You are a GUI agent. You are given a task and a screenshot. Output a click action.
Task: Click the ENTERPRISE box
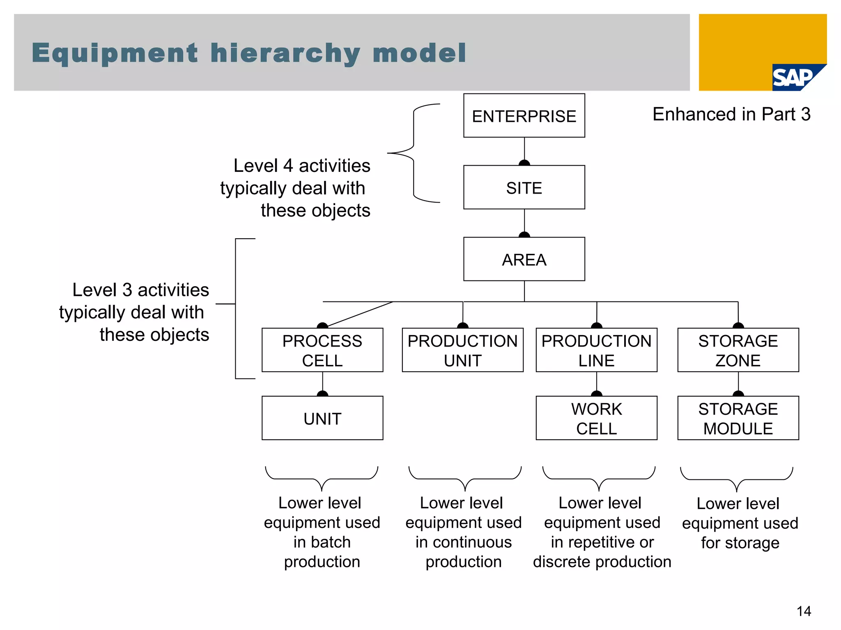pyautogui.click(x=524, y=116)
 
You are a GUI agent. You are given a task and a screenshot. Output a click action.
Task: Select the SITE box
pyautogui.click(x=524, y=187)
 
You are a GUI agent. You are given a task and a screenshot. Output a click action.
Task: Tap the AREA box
pyautogui.click(x=524, y=259)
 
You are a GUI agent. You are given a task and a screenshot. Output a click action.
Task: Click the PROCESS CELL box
pyautogui.click(x=322, y=350)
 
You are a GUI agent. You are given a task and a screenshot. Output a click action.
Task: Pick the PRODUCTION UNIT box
pyautogui.click(x=462, y=350)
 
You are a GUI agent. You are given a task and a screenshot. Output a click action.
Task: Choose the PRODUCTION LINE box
pyautogui.click(x=596, y=350)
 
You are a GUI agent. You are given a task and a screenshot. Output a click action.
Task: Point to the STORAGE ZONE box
pyautogui.click(x=738, y=350)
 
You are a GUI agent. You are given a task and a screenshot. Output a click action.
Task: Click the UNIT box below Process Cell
pyautogui.click(x=322, y=418)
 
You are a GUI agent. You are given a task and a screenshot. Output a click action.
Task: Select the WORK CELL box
pyautogui.click(x=596, y=418)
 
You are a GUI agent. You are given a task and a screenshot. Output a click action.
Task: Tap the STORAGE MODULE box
pyautogui.click(x=738, y=418)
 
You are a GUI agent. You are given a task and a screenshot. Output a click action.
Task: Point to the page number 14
pyautogui.click(x=804, y=611)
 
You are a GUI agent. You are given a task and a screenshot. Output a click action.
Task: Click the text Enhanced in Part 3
pyautogui.click(x=731, y=114)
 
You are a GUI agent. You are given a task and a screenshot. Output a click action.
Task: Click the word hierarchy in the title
pyautogui.click(x=285, y=54)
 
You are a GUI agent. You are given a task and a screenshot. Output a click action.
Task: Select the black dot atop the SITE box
pyautogui.click(x=524, y=163)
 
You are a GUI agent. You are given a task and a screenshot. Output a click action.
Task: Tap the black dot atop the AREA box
pyautogui.click(x=524, y=235)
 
